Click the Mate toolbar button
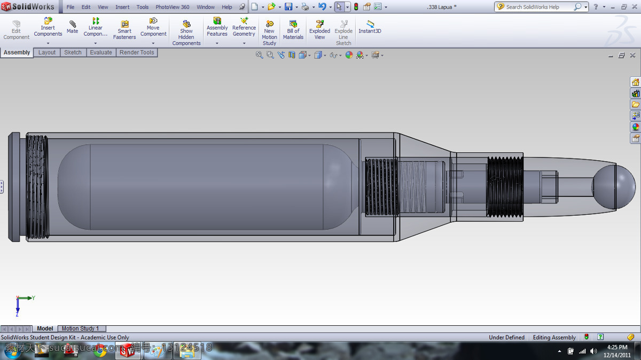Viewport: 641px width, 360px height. pos(73,27)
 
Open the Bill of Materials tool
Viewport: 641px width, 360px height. pos(293,30)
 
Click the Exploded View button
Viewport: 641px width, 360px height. pos(319,30)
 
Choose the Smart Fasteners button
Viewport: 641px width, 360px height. pos(124,30)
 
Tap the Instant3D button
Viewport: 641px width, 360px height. pos(370,27)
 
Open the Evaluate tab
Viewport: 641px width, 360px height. pos(101,52)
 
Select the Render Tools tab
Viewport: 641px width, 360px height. pos(137,52)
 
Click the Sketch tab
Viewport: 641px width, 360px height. pos(73,52)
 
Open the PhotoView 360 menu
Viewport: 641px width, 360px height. pos(172,7)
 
